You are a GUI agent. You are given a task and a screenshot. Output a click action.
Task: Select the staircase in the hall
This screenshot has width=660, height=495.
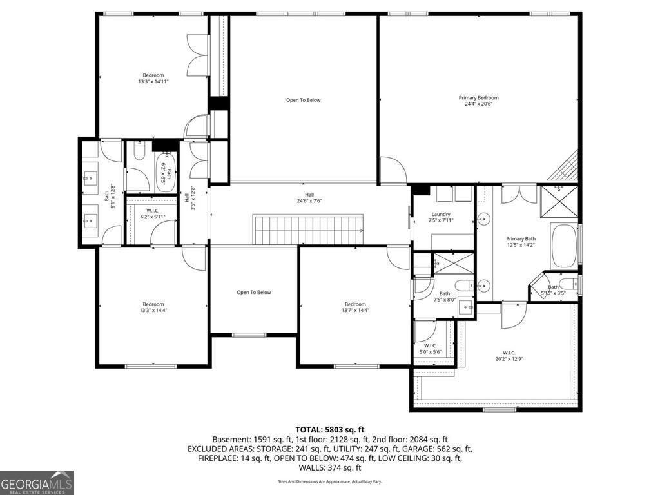tap(309, 230)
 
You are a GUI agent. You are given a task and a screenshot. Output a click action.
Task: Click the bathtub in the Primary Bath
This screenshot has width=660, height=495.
tap(563, 246)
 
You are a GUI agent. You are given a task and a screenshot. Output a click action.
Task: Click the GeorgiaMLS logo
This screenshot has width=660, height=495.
tap(37, 483)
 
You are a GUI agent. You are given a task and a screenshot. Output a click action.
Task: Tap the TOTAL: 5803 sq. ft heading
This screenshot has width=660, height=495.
tap(330, 429)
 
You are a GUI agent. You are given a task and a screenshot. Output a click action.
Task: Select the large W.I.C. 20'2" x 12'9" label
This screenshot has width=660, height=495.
tap(509, 356)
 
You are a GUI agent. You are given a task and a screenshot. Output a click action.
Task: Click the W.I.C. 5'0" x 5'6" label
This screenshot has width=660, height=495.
tap(428, 349)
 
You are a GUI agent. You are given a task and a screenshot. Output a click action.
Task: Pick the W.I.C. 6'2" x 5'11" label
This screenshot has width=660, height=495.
tap(152, 213)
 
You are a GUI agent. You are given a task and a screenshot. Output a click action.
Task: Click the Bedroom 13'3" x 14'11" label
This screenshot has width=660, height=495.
tap(153, 79)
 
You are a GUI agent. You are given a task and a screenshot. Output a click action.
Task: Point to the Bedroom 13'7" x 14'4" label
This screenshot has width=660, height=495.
tap(355, 307)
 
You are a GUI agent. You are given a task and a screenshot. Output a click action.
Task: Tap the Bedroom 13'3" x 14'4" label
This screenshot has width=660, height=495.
tap(153, 307)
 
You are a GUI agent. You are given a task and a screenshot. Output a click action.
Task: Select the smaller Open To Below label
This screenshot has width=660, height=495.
tap(253, 293)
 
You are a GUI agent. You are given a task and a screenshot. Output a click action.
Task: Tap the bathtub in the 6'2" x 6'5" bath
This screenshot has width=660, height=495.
tap(165, 171)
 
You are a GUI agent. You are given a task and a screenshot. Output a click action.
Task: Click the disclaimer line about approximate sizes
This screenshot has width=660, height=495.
tap(330, 481)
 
